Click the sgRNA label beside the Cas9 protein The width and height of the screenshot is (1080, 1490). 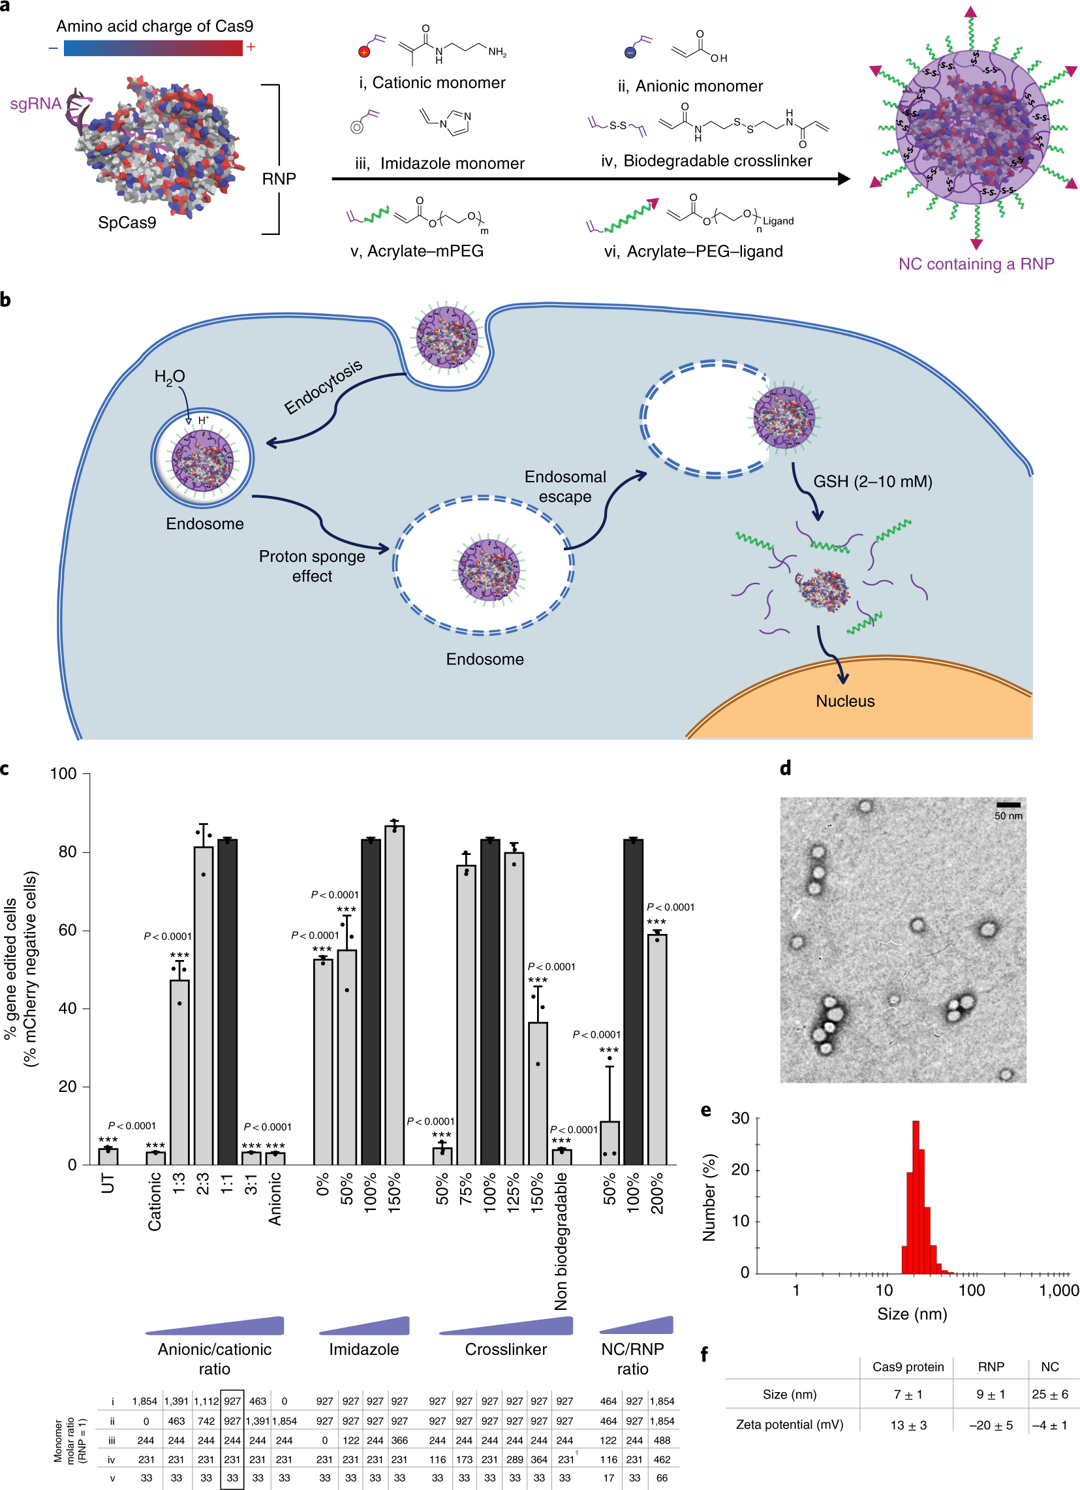tap(35, 104)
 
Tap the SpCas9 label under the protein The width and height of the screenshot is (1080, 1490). tap(127, 223)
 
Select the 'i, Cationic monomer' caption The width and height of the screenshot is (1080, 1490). tap(431, 83)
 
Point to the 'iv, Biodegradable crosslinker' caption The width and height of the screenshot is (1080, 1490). tap(706, 161)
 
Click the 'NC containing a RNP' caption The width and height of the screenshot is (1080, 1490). tap(976, 264)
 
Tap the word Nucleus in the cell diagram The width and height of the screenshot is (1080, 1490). tap(845, 701)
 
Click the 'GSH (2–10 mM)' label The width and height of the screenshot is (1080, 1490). tap(872, 482)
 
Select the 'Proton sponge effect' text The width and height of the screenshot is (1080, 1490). tap(312, 566)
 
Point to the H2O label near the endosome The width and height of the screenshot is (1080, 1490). tap(169, 377)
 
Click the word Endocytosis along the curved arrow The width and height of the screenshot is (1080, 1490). tap(323, 387)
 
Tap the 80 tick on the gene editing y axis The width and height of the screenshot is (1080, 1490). tap(68, 852)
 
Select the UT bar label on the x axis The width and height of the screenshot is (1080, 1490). tap(108, 1183)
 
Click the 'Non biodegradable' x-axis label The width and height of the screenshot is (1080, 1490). tap(561, 1241)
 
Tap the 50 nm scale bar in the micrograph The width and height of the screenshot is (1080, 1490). tap(1008, 805)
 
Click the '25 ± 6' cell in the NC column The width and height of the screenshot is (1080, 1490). tap(1049, 1394)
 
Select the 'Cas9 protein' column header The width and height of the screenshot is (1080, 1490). tap(907, 1367)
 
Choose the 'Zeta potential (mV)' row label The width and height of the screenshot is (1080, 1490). tap(789, 1424)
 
